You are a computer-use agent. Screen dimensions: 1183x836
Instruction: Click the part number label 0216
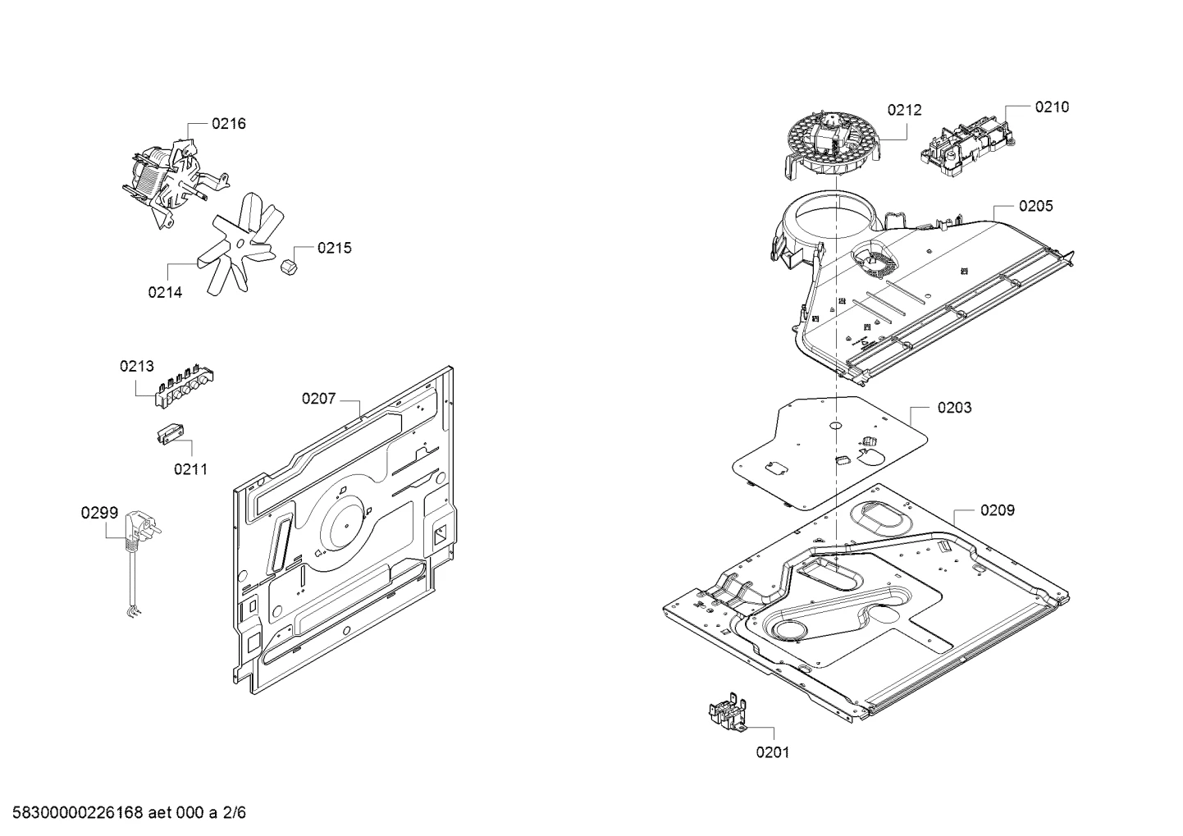pyautogui.click(x=229, y=124)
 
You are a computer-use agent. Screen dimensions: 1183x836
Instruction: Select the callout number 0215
pyautogui.click(x=334, y=248)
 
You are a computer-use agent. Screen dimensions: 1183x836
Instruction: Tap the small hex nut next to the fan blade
pyautogui.click(x=289, y=267)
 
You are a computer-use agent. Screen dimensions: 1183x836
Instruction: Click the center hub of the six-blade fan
pyautogui.click(x=241, y=244)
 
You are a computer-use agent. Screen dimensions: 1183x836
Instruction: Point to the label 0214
pyautogui.click(x=165, y=292)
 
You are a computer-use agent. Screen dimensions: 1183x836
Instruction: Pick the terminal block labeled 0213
pyautogui.click(x=185, y=384)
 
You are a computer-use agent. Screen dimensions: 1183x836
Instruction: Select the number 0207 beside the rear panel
pyautogui.click(x=318, y=398)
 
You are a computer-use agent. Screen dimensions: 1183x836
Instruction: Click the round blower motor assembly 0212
pyautogui.click(x=820, y=146)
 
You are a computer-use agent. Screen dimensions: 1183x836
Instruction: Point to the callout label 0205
pyautogui.click(x=1035, y=206)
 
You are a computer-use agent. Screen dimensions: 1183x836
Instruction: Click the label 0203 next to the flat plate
pyautogui.click(x=954, y=408)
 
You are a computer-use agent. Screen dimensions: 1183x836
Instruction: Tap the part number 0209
pyautogui.click(x=998, y=510)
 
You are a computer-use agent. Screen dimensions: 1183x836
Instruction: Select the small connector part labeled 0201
pyautogui.click(x=728, y=714)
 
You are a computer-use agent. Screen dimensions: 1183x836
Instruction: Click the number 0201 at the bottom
pyautogui.click(x=773, y=752)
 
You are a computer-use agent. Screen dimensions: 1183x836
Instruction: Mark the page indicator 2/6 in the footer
pyautogui.click(x=234, y=813)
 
